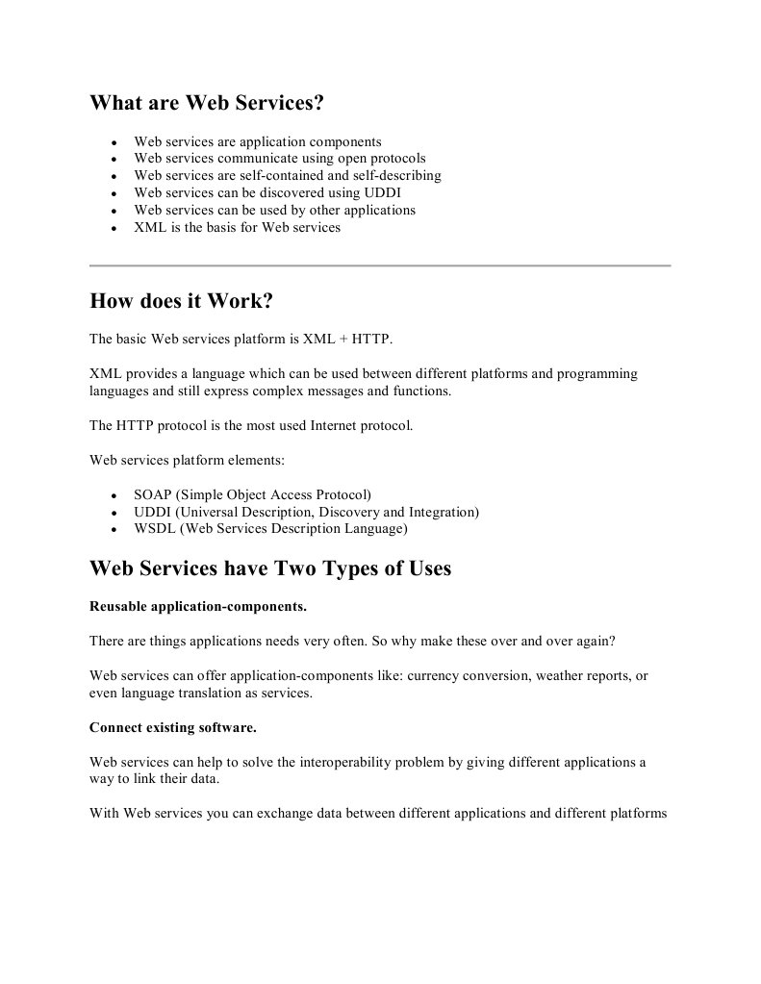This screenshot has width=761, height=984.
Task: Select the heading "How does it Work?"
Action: [181, 301]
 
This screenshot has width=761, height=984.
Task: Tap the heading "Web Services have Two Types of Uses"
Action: [270, 568]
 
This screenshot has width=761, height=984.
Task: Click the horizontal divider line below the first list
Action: [380, 265]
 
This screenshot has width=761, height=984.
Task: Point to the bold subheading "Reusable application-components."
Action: [198, 606]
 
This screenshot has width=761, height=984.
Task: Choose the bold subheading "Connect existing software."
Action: [173, 727]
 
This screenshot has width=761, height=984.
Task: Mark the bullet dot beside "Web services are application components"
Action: [114, 142]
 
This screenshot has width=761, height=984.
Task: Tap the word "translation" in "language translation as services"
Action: [211, 693]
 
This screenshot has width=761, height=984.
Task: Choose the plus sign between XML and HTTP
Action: [342, 339]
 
